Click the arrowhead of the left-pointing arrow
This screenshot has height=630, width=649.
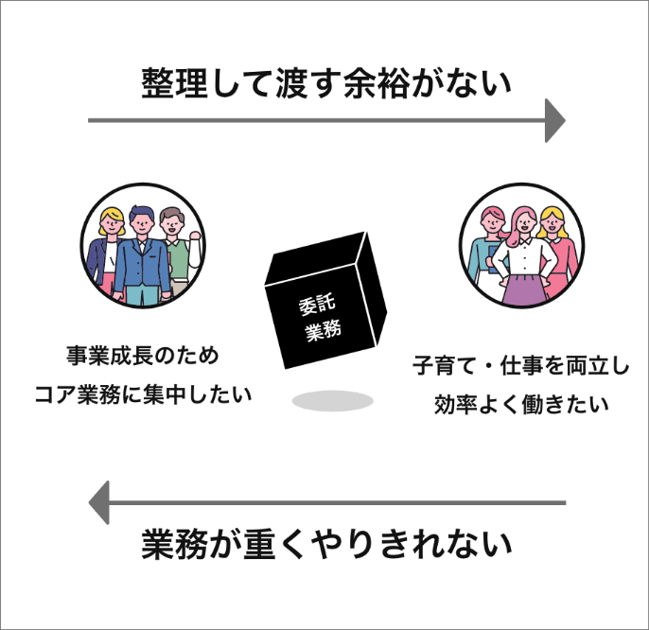[x=98, y=501]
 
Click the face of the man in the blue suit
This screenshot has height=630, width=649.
[x=140, y=224]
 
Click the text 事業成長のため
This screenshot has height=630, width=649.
[x=142, y=357]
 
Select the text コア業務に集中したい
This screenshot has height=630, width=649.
[x=142, y=394]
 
